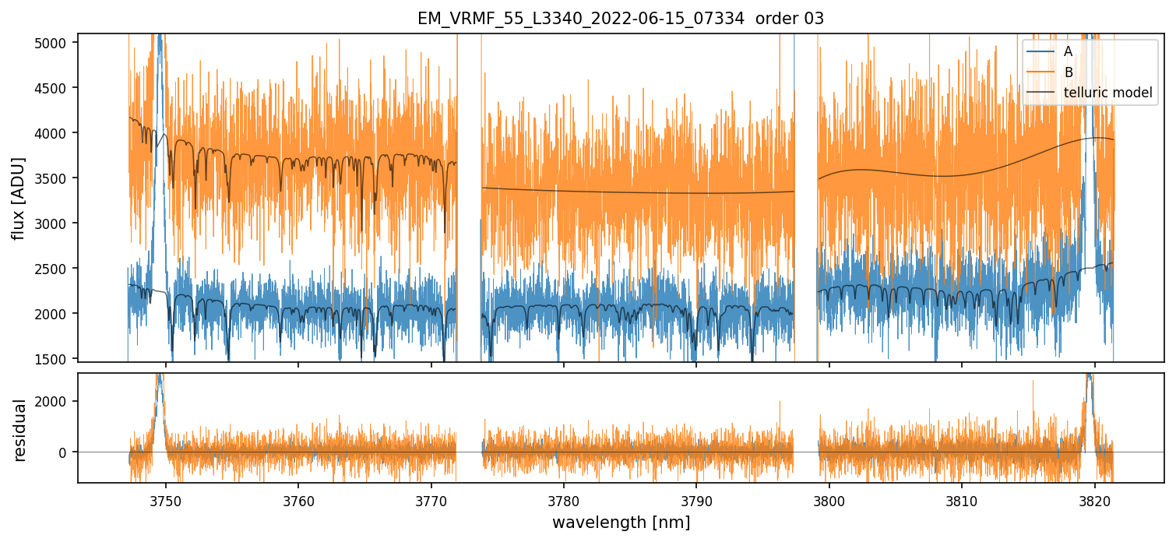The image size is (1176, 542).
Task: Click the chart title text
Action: [621, 19]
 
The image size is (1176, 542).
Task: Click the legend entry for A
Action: [1068, 51]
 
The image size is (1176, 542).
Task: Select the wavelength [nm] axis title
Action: [621, 522]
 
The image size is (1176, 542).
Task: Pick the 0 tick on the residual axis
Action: [65, 452]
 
